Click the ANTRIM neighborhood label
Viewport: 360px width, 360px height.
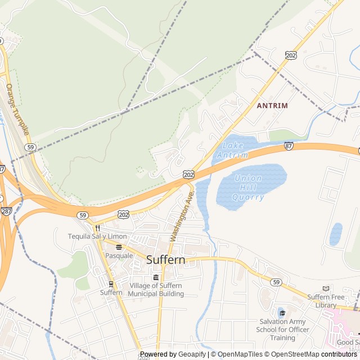(x=272, y=105)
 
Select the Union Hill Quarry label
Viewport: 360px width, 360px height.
(x=247, y=188)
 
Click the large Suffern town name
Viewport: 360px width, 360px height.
(x=165, y=260)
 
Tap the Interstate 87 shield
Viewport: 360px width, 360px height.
(x=289, y=146)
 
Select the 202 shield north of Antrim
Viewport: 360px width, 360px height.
(x=290, y=55)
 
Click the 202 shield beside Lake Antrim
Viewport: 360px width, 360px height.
(x=188, y=175)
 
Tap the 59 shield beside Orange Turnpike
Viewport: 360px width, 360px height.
(x=31, y=147)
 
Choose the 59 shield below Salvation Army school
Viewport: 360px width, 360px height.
(x=275, y=282)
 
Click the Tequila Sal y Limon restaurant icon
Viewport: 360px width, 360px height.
(x=97, y=228)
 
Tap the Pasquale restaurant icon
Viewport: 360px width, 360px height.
(x=119, y=246)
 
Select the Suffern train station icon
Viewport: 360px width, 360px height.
(x=111, y=283)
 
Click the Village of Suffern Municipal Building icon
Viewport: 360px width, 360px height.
(x=156, y=277)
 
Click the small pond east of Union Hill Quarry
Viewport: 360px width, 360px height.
(x=336, y=234)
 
